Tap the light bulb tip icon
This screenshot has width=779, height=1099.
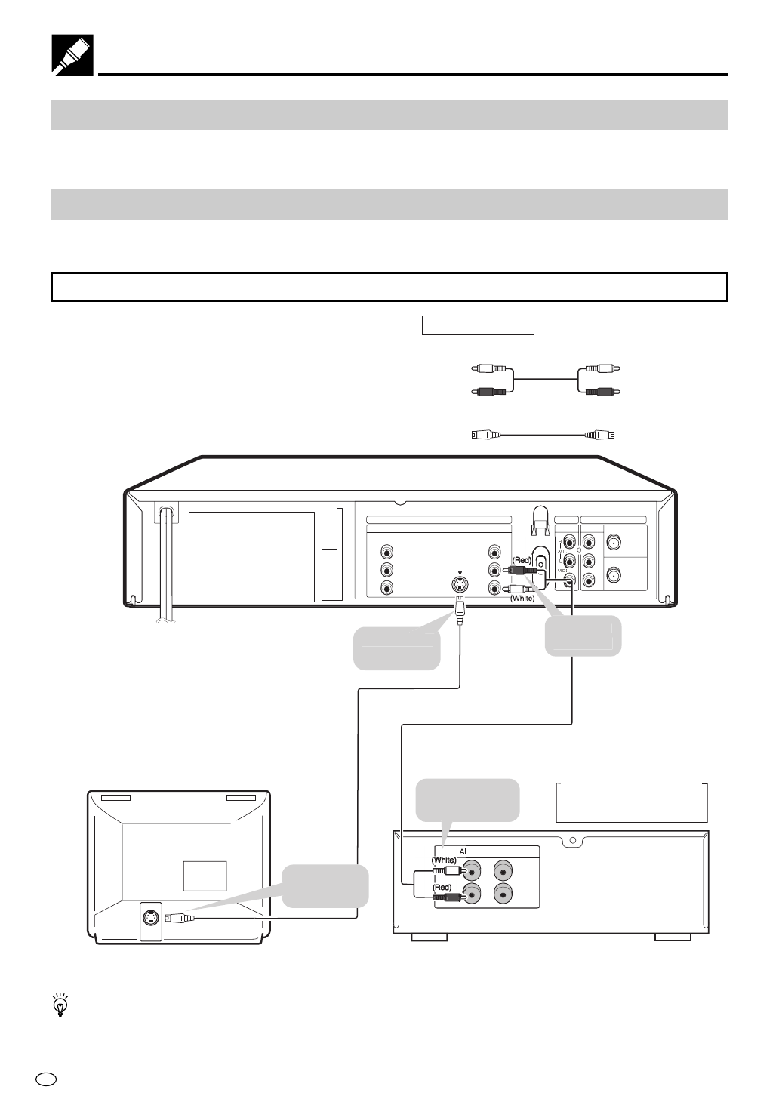point(60,1005)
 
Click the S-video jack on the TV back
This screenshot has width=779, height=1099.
point(151,918)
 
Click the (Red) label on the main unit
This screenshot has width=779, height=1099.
point(523,560)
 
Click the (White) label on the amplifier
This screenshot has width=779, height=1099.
point(444,860)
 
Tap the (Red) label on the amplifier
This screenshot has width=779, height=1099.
point(442,888)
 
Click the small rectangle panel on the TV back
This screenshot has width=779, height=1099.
point(205,875)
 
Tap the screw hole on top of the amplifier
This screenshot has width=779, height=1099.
point(572,839)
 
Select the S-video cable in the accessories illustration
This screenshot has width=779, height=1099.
point(543,435)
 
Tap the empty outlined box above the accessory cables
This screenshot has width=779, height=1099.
point(477,325)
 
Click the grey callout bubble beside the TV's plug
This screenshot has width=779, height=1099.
point(326,885)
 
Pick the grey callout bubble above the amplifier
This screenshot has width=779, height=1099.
point(468,799)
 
